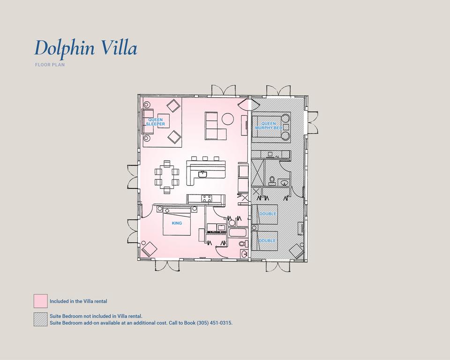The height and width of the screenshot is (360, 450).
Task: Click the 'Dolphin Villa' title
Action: pos(85,48)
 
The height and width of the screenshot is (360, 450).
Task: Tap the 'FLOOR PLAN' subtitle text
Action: pos(50,65)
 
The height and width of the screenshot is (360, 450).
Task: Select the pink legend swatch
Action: pos(40,301)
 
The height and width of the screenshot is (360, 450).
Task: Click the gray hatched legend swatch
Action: pos(40,319)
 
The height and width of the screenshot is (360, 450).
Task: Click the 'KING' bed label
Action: pos(177,223)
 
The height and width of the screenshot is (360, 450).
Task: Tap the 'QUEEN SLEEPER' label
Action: pos(155,122)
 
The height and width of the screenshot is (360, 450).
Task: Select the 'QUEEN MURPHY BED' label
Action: pos(269,126)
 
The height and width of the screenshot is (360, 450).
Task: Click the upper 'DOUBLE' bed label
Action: pos(267,214)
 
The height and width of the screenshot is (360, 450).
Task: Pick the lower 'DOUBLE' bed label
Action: pos(267,240)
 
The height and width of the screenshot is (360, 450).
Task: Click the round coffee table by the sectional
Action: pos(228,119)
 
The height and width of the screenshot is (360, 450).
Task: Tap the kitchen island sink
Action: pos(202,174)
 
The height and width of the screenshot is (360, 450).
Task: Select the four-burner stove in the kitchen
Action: pos(207,199)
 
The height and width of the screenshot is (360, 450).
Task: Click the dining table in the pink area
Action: pos(167,177)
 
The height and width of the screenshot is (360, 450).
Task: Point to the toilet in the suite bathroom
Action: pos(272,180)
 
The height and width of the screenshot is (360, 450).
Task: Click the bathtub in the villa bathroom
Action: pos(237,232)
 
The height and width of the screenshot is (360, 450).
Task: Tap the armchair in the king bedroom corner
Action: pos(150,249)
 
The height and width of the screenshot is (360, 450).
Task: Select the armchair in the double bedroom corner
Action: pos(296,251)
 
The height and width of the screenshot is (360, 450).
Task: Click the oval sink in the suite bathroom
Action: pos(284,182)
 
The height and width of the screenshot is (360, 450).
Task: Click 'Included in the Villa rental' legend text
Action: pos(78,301)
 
